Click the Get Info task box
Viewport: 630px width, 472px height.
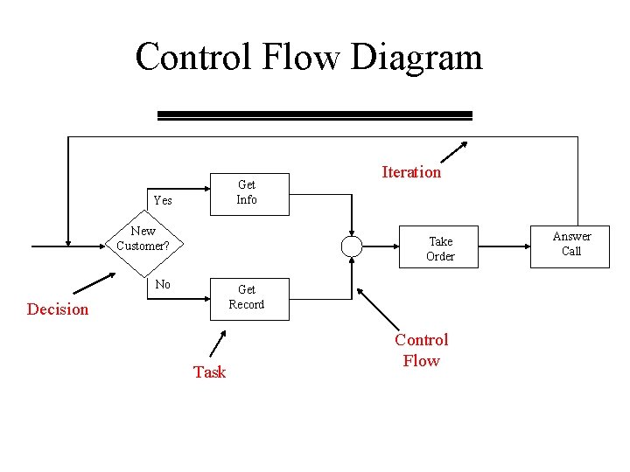[x=248, y=191]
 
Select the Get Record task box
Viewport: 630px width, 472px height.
[x=248, y=297]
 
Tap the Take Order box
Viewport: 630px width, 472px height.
[x=440, y=248]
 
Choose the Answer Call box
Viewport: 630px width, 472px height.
[x=571, y=244]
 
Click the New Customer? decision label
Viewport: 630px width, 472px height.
[x=143, y=239]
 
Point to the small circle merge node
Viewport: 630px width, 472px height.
[x=352, y=246]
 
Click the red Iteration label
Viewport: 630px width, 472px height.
[x=411, y=172]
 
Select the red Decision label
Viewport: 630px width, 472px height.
[x=58, y=309]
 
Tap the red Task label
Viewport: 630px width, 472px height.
[x=209, y=371]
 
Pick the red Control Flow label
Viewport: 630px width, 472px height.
[x=421, y=350]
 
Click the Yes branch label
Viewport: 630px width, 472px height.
[x=163, y=200]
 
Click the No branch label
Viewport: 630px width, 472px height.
[x=163, y=284]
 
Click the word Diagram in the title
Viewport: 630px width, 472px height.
[x=416, y=58]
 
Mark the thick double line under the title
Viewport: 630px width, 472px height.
[x=314, y=115]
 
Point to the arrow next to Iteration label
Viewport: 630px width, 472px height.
[x=454, y=153]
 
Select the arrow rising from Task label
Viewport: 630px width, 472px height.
[x=218, y=341]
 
